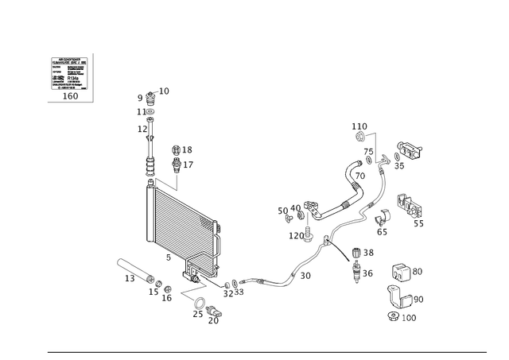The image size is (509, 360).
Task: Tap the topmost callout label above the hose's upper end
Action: coord(359,126)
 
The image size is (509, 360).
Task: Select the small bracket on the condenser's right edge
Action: coord(217,230)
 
